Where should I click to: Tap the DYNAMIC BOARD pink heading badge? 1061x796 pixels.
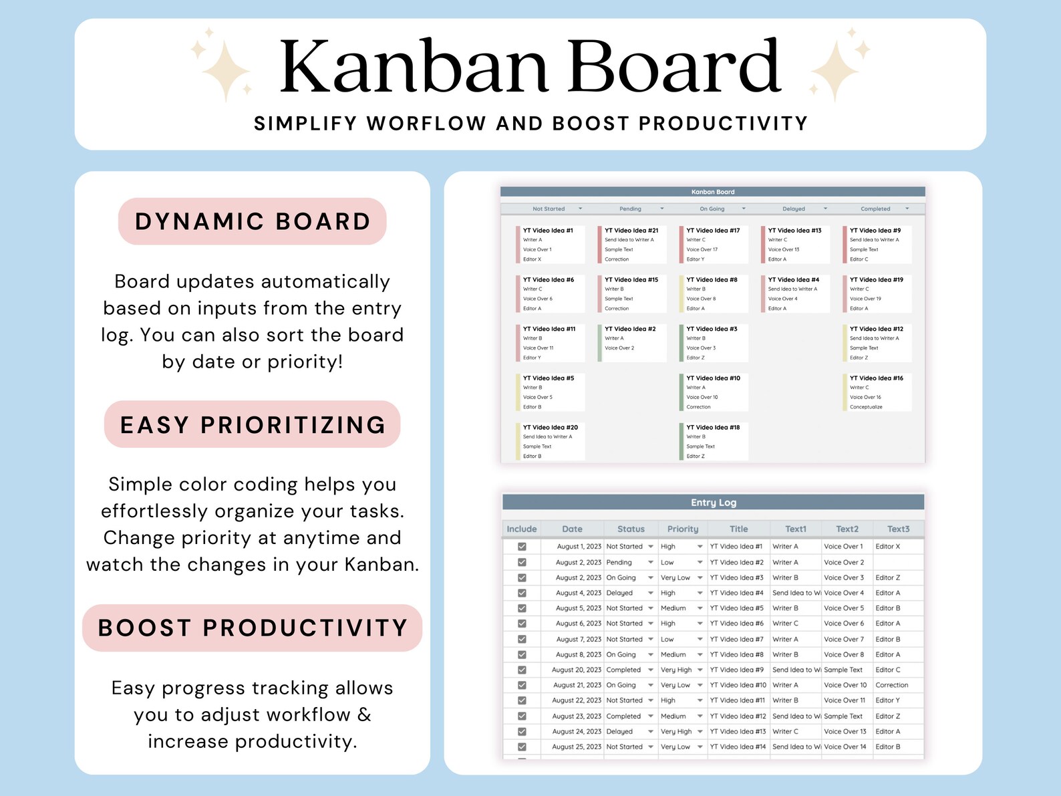coord(253,221)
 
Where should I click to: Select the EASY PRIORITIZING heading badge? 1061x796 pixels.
coord(253,424)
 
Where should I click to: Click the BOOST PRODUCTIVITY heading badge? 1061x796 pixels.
coord(253,628)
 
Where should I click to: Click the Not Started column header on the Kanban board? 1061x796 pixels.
coord(549,209)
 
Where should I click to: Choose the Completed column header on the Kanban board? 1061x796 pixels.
coord(875,209)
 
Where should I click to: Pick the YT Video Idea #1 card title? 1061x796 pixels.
coord(548,231)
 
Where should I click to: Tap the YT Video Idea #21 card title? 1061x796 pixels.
coord(631,231)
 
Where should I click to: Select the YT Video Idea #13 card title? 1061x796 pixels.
coord(794,231)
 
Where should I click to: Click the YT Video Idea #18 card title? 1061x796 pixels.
coord(713,428)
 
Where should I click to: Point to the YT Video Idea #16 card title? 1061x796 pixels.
coord(876,378)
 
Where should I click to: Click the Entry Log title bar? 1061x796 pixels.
coord(713,503)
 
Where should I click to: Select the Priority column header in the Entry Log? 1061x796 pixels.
coord(682,529)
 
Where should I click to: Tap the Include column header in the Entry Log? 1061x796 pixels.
coord(521,529)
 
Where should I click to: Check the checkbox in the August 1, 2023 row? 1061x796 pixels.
coord(522,547)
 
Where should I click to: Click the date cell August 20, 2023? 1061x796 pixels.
coord(577,670)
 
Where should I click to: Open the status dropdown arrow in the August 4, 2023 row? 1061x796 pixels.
coord(650,593)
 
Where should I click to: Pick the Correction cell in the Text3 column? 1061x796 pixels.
coord(891,685)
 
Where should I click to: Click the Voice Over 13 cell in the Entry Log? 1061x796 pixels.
coord(845,732)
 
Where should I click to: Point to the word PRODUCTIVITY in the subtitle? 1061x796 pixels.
coord(723,124)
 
